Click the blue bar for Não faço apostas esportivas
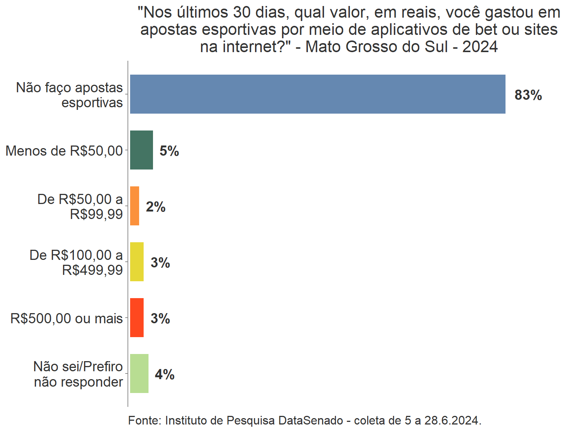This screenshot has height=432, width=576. coord(317,94)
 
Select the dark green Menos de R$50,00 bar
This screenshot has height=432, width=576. coord(141,150)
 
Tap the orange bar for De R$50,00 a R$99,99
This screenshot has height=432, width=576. coord(135,206)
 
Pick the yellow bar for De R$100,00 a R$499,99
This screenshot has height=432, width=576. coord(137,262)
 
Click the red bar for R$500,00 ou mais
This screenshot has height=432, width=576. coord(137,318)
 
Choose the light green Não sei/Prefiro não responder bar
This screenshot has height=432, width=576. coord(139,373)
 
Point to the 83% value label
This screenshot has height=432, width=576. coord(528,95)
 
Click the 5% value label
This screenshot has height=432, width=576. coord(169,151)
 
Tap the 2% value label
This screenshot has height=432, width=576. coord(156,207)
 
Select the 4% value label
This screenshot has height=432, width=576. coord(165,375)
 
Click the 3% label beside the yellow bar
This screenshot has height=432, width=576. coord(160,263)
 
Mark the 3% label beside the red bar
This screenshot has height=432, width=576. coord(160,319)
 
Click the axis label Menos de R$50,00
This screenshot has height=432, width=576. coord(64,151)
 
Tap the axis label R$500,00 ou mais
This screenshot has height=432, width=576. coord(66,318)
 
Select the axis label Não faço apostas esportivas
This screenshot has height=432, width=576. coord(70,95)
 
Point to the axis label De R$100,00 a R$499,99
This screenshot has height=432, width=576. coord(76,262)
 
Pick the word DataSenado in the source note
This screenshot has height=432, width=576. coord(310,420)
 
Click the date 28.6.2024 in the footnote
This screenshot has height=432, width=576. coord(453,420)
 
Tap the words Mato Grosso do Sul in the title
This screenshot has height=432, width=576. coord(376,47)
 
